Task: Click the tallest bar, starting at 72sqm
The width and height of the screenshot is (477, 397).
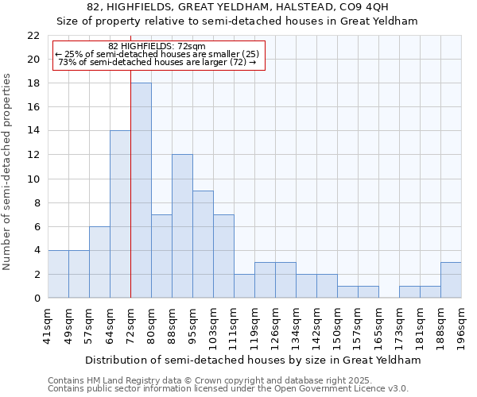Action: point(141,191)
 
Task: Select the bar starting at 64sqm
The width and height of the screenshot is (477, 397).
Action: point(120,214)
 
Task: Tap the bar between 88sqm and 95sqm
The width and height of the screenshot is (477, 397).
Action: point(182,226)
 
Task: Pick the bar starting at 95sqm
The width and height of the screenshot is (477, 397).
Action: point(203,245)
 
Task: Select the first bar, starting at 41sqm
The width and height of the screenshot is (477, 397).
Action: point(58,274)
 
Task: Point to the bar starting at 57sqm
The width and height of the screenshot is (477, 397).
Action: point(99,262)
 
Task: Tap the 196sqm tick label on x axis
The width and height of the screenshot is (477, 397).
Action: point(461,324)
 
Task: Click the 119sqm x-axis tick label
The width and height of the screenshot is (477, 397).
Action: point(254,324)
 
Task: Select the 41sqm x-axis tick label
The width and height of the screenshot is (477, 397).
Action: point(48,324)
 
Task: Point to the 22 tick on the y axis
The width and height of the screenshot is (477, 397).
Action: point(33,36)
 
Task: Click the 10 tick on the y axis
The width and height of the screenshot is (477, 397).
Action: point(33,179)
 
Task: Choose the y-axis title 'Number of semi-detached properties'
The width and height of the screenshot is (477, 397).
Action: point(8,172)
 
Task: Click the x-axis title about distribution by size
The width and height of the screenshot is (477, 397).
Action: point(252,360)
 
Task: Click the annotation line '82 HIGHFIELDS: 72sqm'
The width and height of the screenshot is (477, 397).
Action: point(157,46)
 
